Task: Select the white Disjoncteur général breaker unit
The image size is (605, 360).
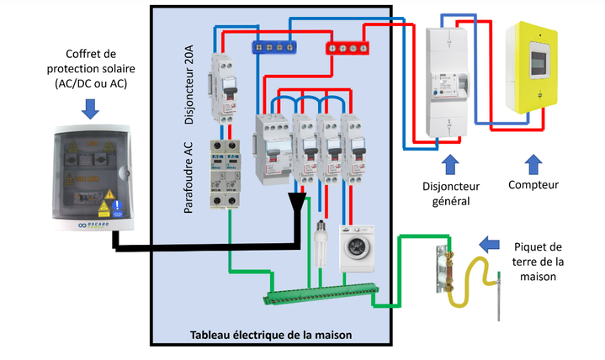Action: [446, 81]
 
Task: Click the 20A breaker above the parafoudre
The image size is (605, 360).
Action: [225, 88]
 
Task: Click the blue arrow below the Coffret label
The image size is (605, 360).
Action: [91, 108]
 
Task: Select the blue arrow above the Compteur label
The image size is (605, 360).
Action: [533, 160]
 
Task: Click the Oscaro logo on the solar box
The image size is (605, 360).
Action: [92, 224]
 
